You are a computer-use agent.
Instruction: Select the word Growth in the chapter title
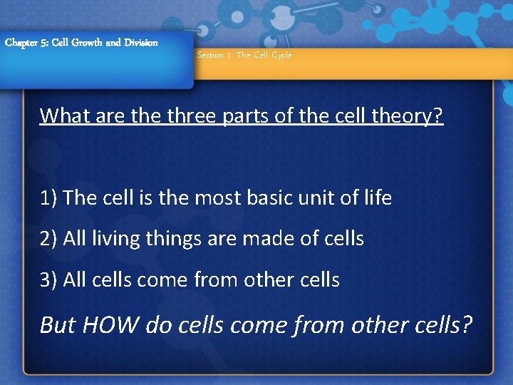85,43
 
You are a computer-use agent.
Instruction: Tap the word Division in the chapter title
140,43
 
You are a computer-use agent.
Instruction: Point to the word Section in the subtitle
210,56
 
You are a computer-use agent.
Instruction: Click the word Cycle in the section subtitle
281,56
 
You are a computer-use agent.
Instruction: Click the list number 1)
49,198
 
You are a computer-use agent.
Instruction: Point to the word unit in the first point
327,198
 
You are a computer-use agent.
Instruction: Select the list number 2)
49,239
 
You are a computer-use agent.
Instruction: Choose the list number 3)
49,280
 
